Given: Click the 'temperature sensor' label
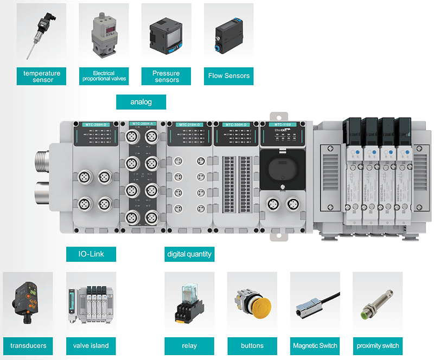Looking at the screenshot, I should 42,76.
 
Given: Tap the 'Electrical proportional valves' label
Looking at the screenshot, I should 104,76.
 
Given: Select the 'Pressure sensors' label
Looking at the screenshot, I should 167,76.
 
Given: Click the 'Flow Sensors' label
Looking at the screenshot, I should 229,76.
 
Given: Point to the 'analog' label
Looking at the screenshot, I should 141,101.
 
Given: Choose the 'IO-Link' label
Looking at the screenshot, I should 92,253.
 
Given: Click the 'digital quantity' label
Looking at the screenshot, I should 189,253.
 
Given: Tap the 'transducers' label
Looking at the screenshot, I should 28,345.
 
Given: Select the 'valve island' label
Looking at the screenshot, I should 91,345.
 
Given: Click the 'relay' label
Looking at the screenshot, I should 189,345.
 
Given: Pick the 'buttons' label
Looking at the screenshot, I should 252,345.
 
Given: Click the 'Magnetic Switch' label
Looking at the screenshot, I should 315,345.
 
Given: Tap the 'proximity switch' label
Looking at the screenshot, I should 378,345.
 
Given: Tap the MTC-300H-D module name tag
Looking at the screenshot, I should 236,125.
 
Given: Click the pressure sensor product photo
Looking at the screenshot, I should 166,32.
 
